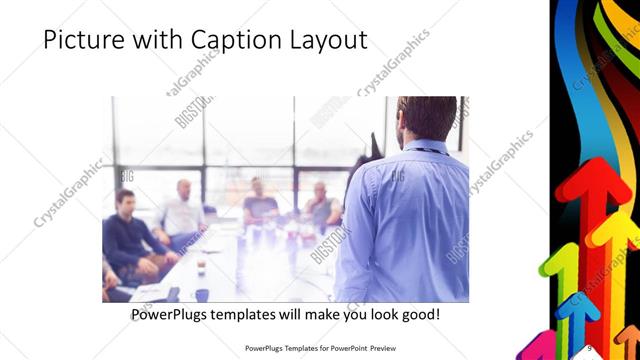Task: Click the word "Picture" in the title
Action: [83, 41]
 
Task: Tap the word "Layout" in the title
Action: [329, 41]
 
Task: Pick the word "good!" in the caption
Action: [417, 314]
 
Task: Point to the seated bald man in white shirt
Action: [183, 210]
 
